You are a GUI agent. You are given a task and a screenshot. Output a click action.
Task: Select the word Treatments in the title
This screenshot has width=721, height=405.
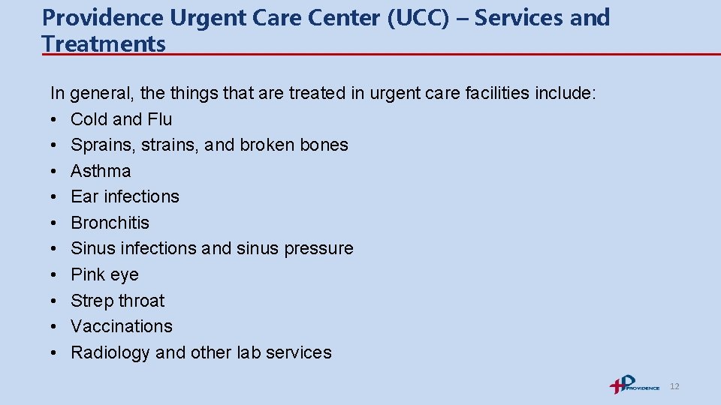coord(104,43)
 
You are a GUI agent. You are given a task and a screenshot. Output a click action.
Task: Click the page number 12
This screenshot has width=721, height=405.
coord(674,386)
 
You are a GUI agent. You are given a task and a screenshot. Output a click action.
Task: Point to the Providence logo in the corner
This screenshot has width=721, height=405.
coord(634,385)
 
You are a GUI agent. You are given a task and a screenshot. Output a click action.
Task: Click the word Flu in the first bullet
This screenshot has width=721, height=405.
coord(159,119)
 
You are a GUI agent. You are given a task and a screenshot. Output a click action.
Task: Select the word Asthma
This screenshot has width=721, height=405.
coord(101,171)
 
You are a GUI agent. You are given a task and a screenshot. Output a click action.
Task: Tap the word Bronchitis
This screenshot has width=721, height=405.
coord(110,223)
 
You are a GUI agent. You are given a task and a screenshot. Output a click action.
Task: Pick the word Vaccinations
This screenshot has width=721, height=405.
coord(121,326)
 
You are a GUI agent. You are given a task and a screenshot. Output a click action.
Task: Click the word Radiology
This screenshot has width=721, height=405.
coord(110,352)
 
